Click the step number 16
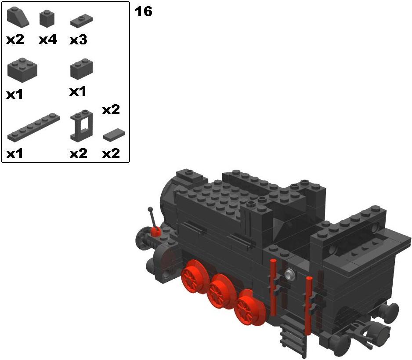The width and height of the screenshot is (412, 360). pyautogui.click(x=143, y=11)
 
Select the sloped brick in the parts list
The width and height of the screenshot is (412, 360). pyautogui.click(x=18, y=17)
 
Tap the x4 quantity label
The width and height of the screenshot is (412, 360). pyautogui.click(x=48, y=40)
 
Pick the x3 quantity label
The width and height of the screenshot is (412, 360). pyautogui.click(x=78, y=40)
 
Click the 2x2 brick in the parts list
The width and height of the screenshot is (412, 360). pyautogui.click(x=22, y=70)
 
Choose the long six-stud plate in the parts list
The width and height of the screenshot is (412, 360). pyautogui.click(x=34, y=127)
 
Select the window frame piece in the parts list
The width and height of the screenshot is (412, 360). pyautogui.click(x=81, y=126)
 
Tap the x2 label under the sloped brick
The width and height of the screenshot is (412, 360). pyautogui.click(x=15, y=40)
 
